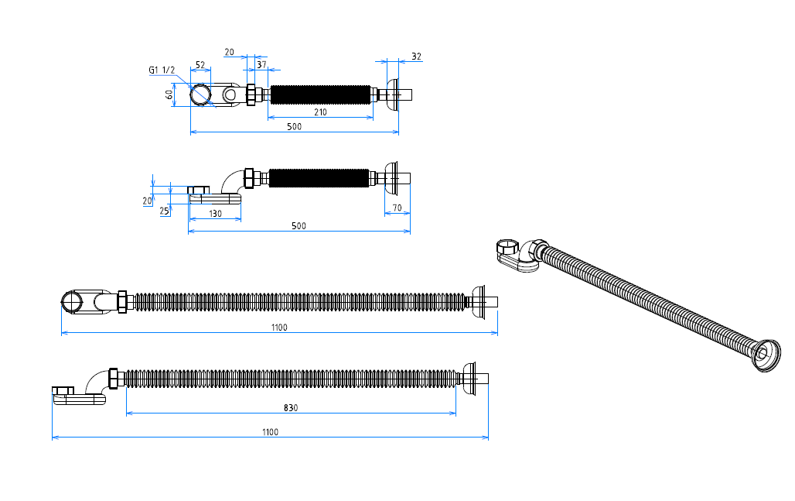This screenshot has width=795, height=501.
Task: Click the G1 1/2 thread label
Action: pos(162,70)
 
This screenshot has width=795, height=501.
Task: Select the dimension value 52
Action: pos(200,65)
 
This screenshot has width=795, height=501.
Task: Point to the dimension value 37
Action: pos(261,64)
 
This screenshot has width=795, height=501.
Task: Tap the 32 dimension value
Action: pos(416,57)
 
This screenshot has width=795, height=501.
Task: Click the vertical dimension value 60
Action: pos(169,94)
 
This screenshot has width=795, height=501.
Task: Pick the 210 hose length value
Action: pos(320,112)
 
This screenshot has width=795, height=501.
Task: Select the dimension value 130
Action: pos(216,214)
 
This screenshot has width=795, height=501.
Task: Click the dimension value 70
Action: pos(397,208)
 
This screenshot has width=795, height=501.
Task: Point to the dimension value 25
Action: pos(164,211)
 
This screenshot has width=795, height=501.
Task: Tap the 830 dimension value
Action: pos(291,407)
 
